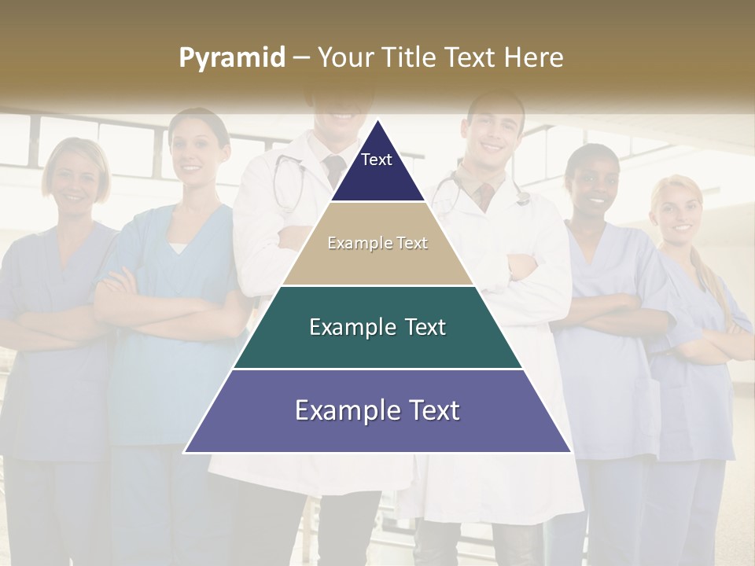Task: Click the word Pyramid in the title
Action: click(x=232, y=58)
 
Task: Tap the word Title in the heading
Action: click(x=410, y=58)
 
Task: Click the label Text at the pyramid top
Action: click(x=376, y=160)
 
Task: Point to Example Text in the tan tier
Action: click(x=377, y=243)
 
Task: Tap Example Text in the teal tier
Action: click(x=377, y=327)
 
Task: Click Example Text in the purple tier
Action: click(x=377, y=410)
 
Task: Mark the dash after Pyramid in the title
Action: click(x=300, y=58)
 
